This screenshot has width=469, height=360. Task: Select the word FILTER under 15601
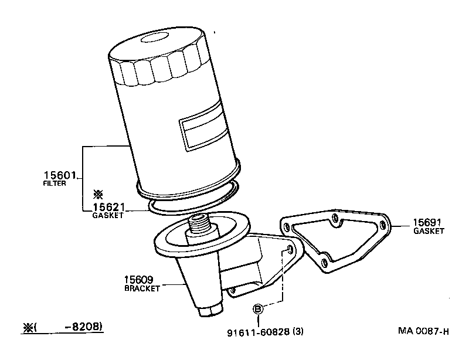point(55,184)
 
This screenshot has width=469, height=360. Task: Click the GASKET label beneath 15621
point(108,216)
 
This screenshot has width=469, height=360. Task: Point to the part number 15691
point(427,222)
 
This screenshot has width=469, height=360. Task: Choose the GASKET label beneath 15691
point(429,231)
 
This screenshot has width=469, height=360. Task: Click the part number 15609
point(140,280)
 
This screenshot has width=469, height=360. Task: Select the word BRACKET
point(141,288)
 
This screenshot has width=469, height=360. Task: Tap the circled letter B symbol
point(257,309)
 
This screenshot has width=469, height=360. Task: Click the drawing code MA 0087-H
point(423,332)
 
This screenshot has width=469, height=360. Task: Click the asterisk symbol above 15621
point(98,194)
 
